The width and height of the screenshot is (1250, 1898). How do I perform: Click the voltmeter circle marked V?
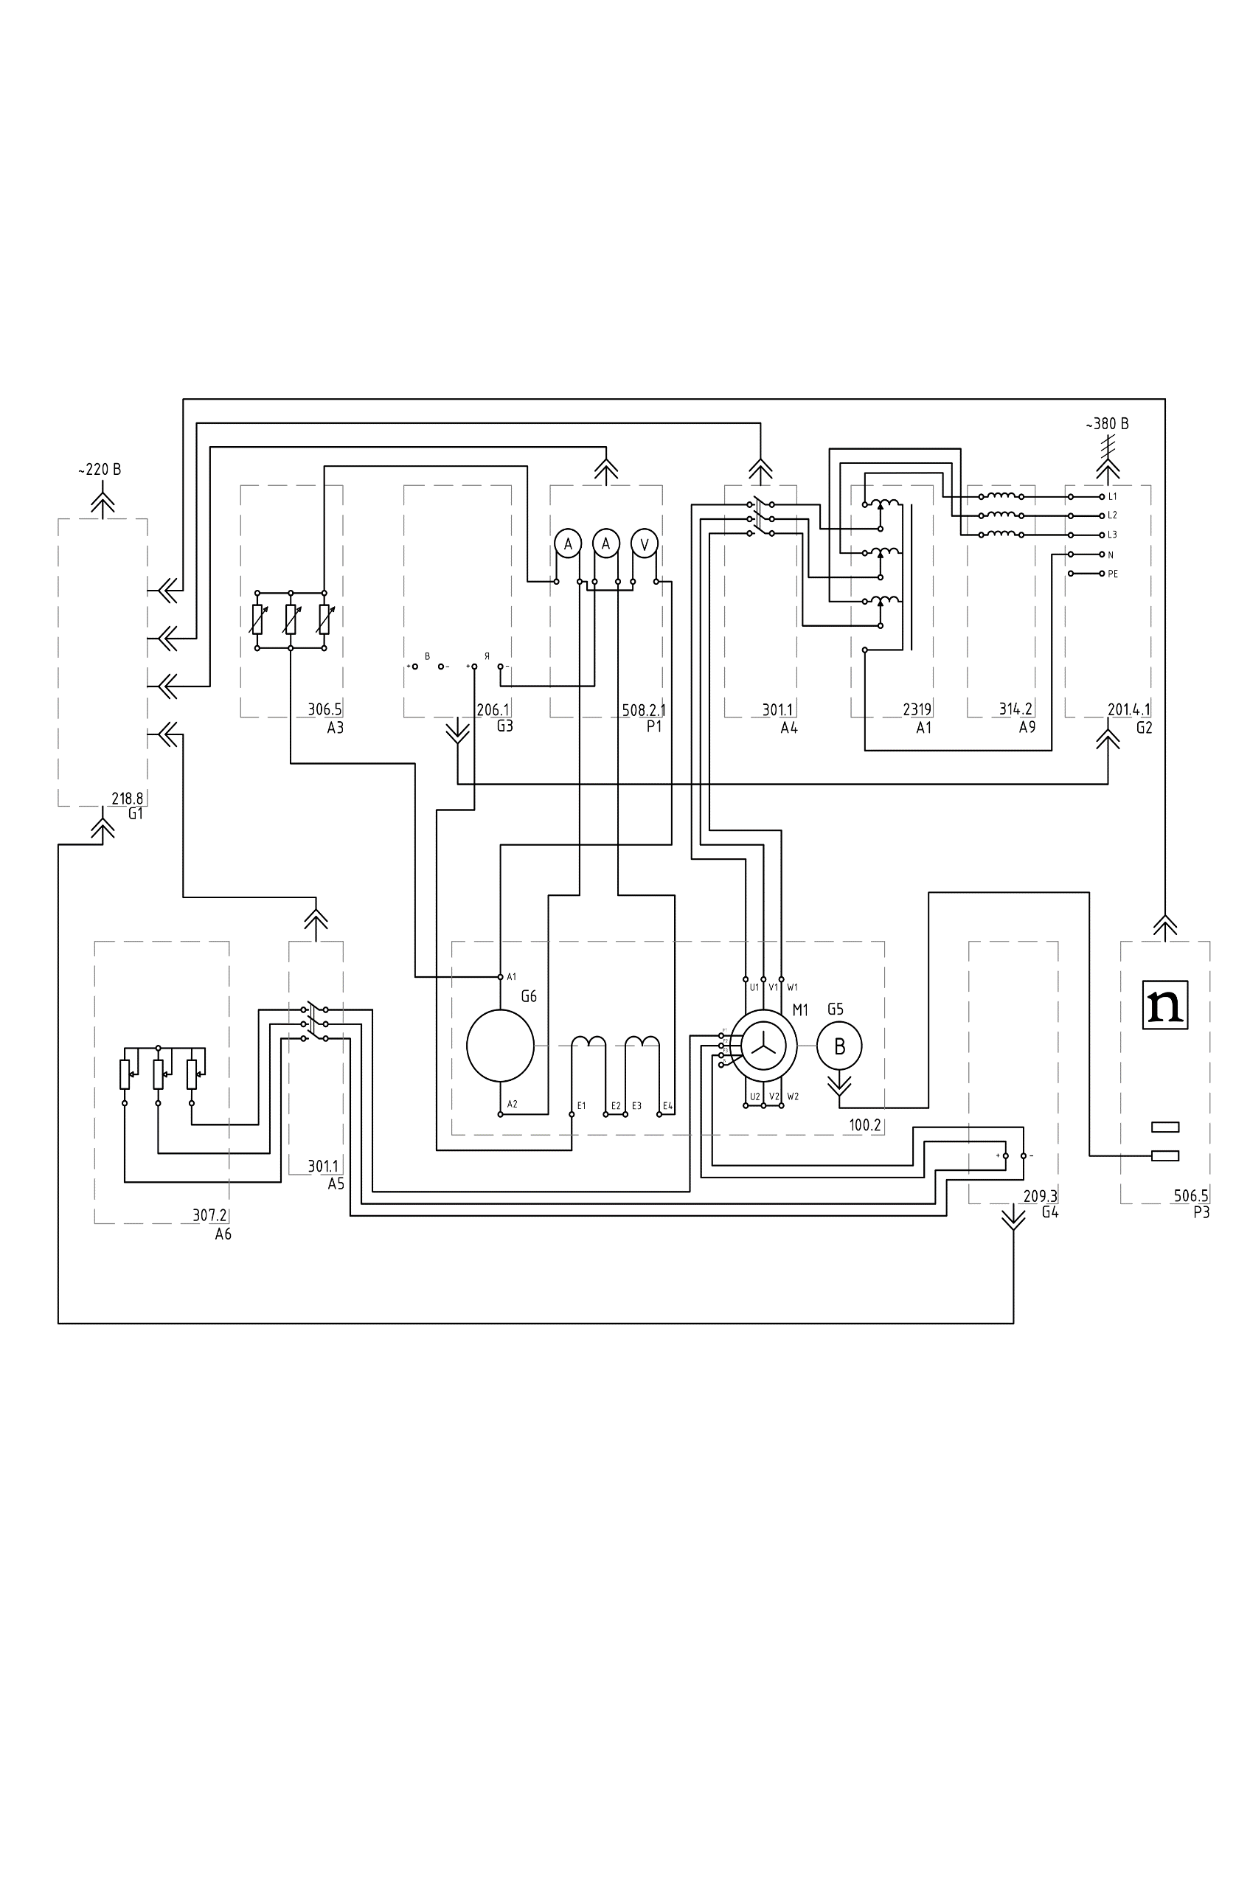pyautogui.click(x=645, y=544)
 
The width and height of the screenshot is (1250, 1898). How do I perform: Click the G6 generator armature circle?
pyautogui.click(x=500, y=1046)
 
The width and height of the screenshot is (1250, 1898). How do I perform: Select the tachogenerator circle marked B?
pyautogui.click(x=839, y=1046)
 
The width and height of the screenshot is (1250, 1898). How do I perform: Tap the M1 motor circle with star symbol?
pyautogui.click(x=763, y=1046)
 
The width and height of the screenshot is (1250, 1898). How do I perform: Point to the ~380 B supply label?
pyautogui.click(x=1107, y=424)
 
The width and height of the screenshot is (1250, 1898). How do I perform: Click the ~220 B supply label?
pyautogui.click(x=100, y=470)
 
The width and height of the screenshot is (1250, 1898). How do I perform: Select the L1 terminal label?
pyautogui.click(x=1113, y=497)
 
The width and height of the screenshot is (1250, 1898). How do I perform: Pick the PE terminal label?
pyautogui.click(x=1113, y=574)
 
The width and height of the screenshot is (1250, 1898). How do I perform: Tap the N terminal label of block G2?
pyautogui.click(x=1111, y=555)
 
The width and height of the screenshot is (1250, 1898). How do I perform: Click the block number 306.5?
pyautogui.click(x=324, y=709)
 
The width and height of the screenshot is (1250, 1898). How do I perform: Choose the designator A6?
pyautogui.click(x=223, y=1234)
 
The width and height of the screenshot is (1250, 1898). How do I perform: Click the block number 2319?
pyautogui.click(x=917, y=709)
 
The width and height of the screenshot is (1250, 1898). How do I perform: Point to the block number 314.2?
pyautogui.click(x=1015, y=708)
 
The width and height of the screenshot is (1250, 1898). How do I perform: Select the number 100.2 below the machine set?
pyautogui.click(x=865, y=1125)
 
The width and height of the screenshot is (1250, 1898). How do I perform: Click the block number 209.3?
pyautogui.click(x=1041, y=1196)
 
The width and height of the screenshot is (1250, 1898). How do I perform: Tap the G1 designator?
pyautogui.click(x=136, y=814)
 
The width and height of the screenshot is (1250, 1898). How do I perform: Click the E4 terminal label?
pyautogui.click(x=667, y=1106)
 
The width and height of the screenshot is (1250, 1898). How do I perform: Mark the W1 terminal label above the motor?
pyautogui.click(x=792, y=987)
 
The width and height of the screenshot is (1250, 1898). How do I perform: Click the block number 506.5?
pyautogui.click(x=1191, y=1196)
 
